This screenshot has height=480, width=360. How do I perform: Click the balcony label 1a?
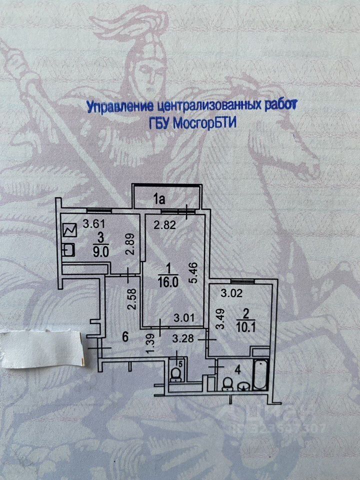tap(159, 200)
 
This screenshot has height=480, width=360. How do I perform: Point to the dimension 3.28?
tap(182, 339)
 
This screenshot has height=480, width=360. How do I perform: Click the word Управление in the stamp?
tap(118, 106)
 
